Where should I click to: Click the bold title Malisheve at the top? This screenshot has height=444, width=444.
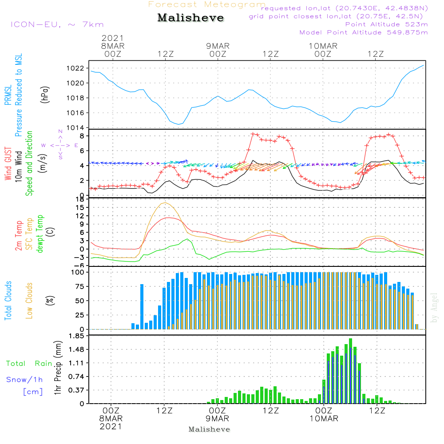tap(191, 18)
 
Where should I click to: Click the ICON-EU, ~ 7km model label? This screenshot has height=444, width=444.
tap(57, 24)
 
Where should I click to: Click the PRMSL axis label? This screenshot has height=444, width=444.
tap(8, 94)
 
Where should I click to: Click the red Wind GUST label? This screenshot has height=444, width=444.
tap(8, 164)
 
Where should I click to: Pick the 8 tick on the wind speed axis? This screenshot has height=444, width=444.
tap(82, 136)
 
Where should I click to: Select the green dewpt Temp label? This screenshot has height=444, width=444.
tap(40, 234)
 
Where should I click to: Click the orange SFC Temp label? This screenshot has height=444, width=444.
tap(29, 234)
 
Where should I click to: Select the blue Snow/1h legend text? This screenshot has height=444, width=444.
tap(25, 380)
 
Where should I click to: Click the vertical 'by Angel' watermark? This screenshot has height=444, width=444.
tap(434, 308)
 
